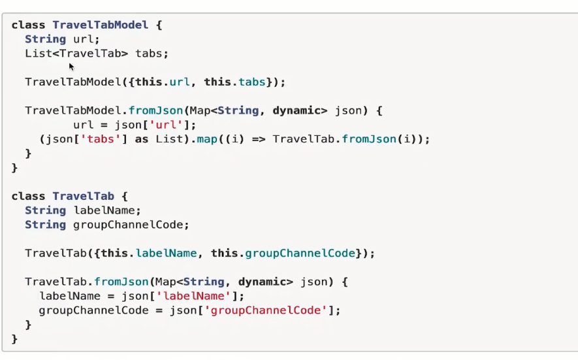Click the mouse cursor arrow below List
tap(71, 66)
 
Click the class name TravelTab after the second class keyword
tap(83, 196)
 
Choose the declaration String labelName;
tap(83, 210)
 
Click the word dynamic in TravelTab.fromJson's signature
tap(261, 282)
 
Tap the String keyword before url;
tap(45, 39)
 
